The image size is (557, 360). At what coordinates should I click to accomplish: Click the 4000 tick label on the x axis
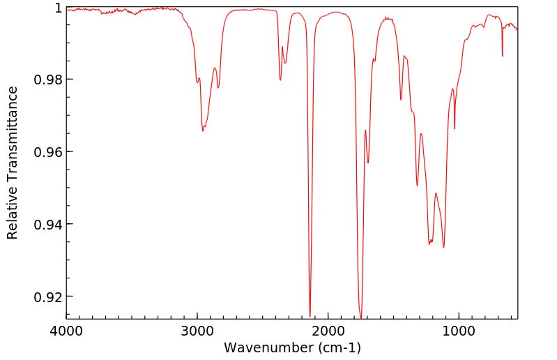click(x=66, y=330)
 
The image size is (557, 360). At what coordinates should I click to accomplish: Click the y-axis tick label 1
click(x=58, y=8)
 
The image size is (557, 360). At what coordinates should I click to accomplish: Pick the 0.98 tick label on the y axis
click(x=48, y=80)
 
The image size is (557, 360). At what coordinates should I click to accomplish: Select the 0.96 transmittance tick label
click(x=48, y=152)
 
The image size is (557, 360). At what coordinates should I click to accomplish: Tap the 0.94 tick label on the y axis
click(x=48, y=225)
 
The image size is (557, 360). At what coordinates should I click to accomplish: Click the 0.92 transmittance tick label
click(x=48, y=297)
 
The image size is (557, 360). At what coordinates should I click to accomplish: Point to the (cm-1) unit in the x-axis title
click(x=337, y=347)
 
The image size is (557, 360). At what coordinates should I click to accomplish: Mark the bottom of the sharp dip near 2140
click(x=310, y=316)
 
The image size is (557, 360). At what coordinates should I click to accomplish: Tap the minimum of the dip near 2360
click(x=280, y=80)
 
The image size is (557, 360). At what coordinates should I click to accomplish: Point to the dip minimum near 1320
click(x=417, y=186)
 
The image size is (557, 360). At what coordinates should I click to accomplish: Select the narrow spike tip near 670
click(x=502, y=57)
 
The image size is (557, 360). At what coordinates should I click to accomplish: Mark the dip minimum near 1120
click(x=443, y=247)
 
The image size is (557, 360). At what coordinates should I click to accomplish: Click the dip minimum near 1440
click(x=401, y=100)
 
